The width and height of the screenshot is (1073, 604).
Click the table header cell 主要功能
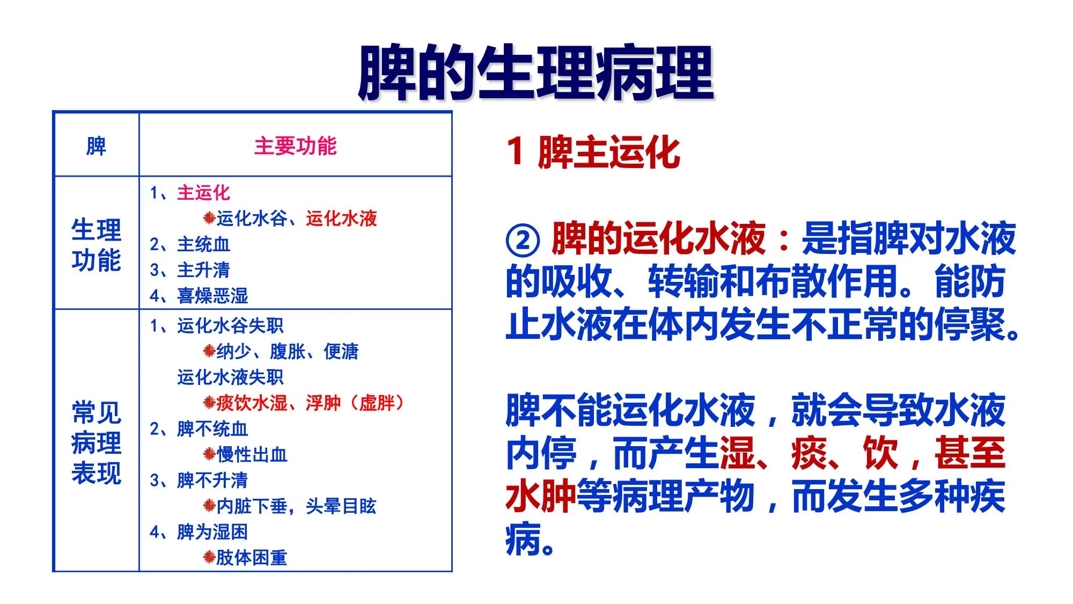click(296, 146)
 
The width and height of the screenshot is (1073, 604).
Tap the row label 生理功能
click(97, 245)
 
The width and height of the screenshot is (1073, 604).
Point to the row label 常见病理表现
click(97, 442)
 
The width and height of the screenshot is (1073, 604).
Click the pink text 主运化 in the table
click(204, 193)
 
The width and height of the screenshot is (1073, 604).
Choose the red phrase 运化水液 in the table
click(342, 219)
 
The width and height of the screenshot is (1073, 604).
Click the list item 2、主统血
click(190, 244)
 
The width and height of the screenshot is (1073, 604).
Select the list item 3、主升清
click(190, 270)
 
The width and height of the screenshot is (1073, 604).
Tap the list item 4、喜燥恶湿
click(199, 295)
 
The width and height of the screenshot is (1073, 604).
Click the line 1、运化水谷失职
click(217, 325)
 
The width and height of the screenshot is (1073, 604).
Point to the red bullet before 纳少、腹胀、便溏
click(209, 351)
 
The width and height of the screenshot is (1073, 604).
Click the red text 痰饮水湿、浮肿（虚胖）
click(311, 403)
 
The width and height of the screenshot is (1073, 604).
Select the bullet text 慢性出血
click(252, 454)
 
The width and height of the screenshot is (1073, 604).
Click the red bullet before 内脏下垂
click(209, 506)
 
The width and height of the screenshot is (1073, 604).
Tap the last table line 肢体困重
click(252, 557)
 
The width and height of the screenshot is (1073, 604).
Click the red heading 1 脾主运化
click(593, 152)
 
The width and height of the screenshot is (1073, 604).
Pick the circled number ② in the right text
click(523, 240)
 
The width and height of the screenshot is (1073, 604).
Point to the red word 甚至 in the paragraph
click(970, 453)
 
